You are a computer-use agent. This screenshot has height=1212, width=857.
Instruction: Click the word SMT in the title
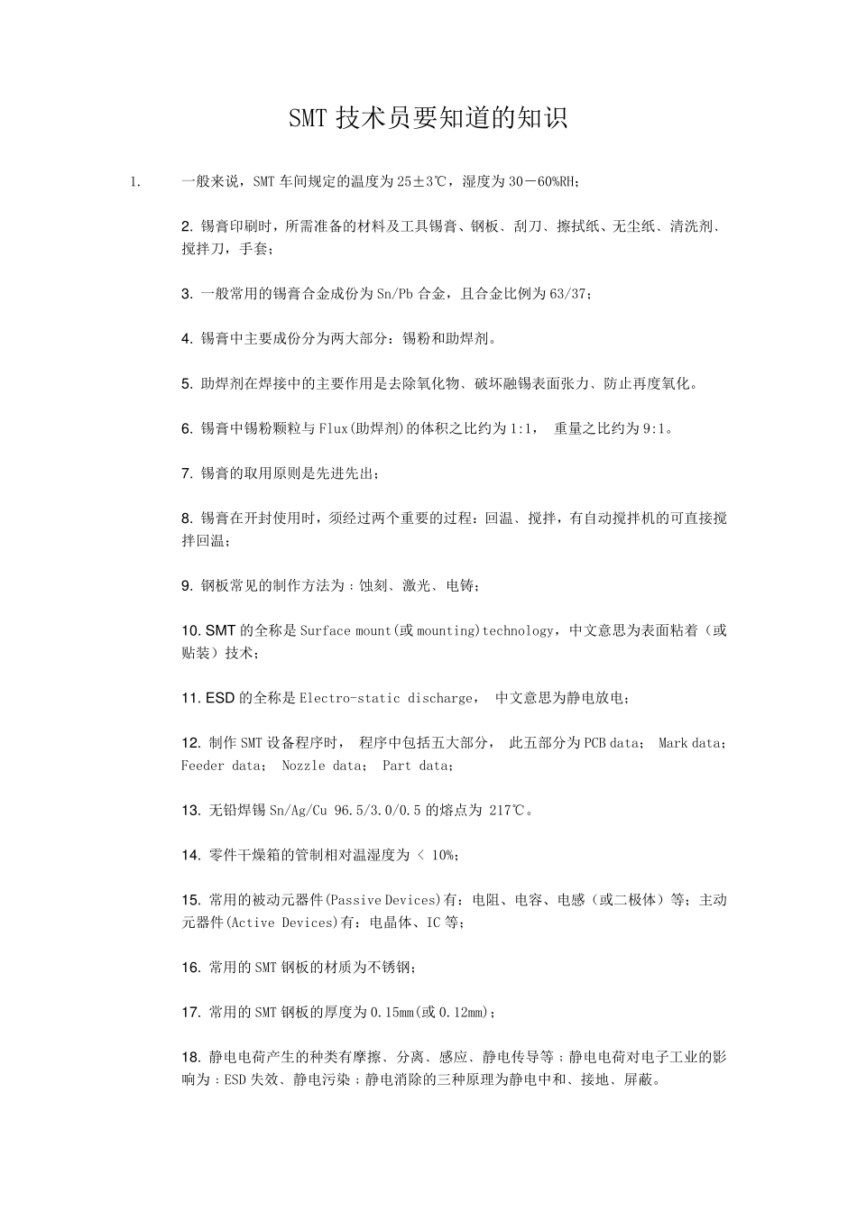(x=308, y=119)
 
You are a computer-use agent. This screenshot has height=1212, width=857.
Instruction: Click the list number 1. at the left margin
(x=134, y=182)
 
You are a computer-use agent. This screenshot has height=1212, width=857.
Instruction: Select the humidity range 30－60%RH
(x=542, y=182)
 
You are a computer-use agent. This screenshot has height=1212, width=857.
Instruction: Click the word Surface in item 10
(x=325, y=631)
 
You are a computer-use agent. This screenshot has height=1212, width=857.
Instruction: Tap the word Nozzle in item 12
(x=303, y=766)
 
